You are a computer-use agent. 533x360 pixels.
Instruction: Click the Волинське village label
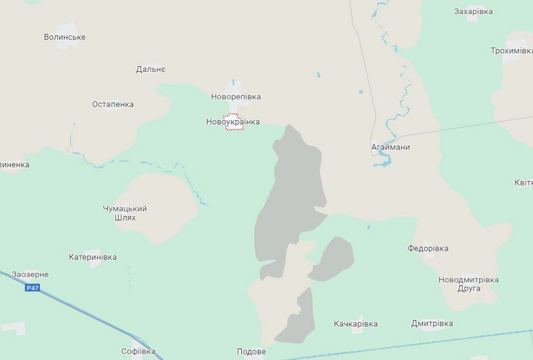64,37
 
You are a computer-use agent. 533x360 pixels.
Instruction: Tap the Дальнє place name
151,69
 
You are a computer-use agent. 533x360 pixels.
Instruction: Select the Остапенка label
113,104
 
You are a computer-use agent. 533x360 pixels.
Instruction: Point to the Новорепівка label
236,97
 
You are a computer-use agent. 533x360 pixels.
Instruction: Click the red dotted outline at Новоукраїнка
232,122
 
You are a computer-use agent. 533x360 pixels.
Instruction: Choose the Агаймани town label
391,147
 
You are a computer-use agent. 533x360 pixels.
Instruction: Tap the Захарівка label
473,11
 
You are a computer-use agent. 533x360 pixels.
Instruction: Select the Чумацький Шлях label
125,213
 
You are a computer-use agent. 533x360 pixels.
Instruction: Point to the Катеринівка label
93,257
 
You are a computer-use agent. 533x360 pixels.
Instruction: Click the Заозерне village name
30,275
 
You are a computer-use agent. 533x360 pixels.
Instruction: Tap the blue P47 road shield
33,288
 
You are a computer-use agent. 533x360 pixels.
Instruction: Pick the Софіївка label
138,351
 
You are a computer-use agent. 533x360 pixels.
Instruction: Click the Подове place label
251,352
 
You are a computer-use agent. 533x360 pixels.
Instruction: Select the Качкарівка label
356,324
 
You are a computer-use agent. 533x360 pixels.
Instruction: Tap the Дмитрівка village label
432,323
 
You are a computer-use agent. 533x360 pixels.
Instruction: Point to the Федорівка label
428,248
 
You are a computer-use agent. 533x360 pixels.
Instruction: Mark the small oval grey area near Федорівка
332,259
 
